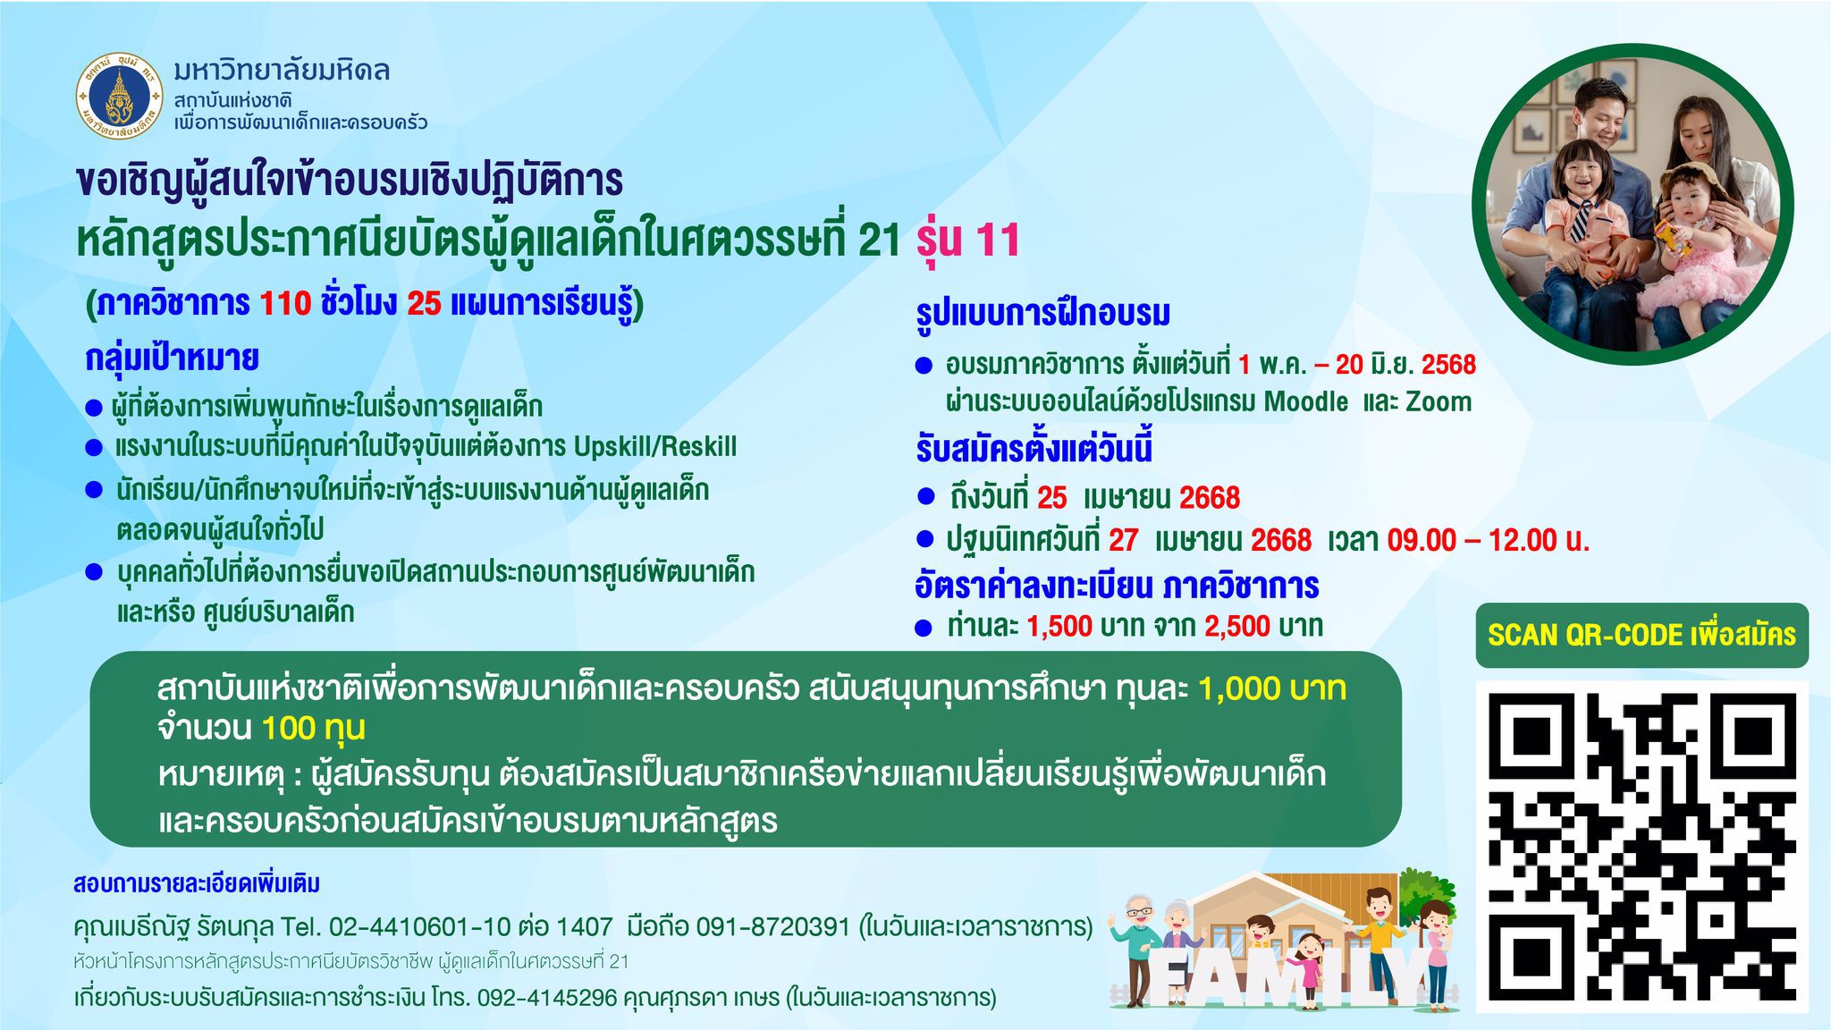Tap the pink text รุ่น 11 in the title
coord(968,240)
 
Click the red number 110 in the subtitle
coord(285,304)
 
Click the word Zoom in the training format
coord(1439,401)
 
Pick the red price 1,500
coord(1059,626)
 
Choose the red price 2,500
coord(1237,626)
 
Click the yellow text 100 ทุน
coord(314,729)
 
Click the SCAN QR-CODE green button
coord(1641,635)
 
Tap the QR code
coord(1641,846)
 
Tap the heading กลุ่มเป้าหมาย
coord(172,359)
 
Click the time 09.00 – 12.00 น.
coord(1489,539)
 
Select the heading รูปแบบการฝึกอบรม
coord(1042,313)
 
